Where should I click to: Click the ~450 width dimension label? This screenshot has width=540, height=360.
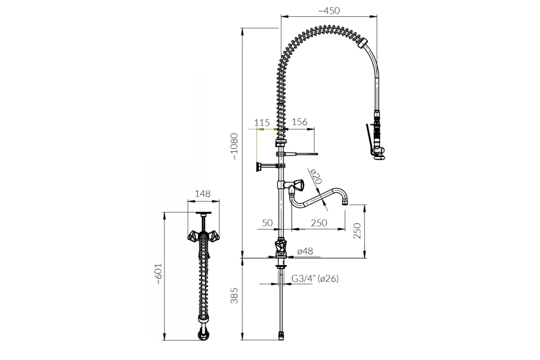329,11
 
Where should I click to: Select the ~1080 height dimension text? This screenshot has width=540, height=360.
234,146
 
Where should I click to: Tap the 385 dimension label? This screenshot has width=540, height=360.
234,296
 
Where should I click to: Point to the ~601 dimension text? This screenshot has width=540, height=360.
158,274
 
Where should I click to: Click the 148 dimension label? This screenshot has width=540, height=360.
202,193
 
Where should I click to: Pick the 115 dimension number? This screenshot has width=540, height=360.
262,123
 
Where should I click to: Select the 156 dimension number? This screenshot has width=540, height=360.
299,122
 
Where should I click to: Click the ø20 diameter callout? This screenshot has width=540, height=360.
316,176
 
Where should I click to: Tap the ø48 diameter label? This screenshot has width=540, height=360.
305,251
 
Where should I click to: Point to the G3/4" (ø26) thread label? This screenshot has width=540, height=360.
315,279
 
